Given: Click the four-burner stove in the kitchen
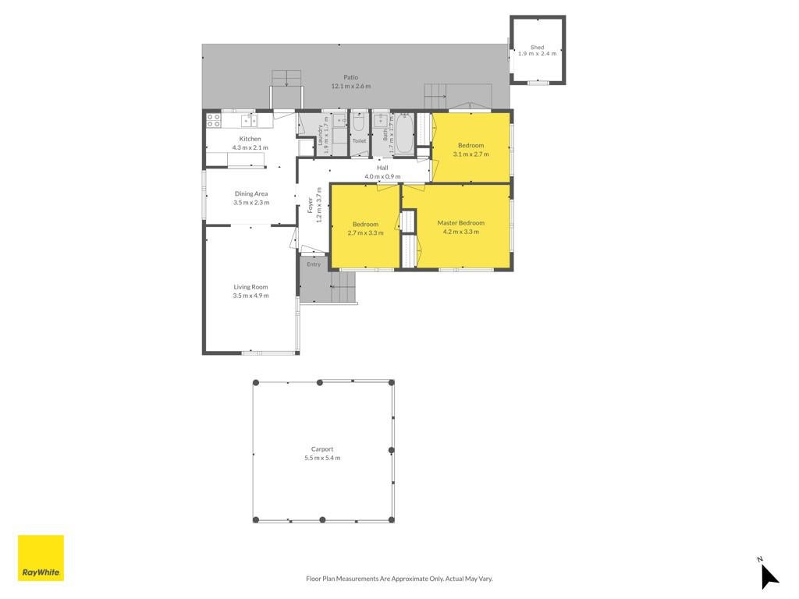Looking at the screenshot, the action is (x=214, y=120).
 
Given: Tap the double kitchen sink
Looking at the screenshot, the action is (x=249, y=120).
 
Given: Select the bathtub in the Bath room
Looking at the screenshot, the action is (x=405, y=133).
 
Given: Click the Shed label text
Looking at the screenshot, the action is (x=537, y=47).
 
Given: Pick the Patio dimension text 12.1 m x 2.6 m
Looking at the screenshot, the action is (x=351, y=86).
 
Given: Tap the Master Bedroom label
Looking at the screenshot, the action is (x=460, y=222).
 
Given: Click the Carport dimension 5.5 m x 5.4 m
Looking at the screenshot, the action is (x=322, y=458).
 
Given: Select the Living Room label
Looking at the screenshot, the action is (x=250, y=287).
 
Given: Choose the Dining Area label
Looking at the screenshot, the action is (x=251, y=193).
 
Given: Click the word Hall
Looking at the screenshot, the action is (x=382, y=168).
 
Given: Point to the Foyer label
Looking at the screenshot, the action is (x=311, y=205).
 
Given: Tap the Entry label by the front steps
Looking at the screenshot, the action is (x=314, y=264).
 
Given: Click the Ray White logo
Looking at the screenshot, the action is (x=41, y=558).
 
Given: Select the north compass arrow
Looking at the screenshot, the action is (x=769, y=576).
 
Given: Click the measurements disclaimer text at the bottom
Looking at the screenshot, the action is (x=399, y=579).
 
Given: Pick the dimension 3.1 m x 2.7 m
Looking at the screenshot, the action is (x=471, y=154).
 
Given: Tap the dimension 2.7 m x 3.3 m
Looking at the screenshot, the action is (x=365, y=232).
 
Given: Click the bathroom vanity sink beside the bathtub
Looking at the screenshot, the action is (x=380, y=121).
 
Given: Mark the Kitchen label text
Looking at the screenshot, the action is (x=250, y=139).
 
